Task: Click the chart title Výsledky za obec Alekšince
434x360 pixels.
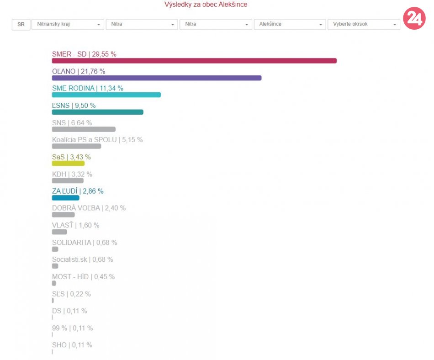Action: click(x=206, y=5)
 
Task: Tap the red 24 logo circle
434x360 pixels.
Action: click(x=414, y=18)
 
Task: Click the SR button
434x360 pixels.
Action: click(x=21, y=24)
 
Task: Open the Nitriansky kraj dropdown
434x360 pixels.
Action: click(x=68, y=24)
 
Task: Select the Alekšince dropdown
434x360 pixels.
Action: click(x=290, y=24)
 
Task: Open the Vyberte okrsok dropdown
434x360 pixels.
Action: click(x=364, y=24)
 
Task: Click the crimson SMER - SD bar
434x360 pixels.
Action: click(x=194, y=61)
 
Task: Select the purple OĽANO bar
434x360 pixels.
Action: click(x=157, y=78)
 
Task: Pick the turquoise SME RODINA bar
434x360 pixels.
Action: click(x=106, y=95)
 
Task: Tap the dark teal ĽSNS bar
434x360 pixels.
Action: click(x=98, y=112)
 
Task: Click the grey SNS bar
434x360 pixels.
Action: click(x=84, y=129)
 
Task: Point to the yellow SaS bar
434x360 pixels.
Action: click(x=68, y=164)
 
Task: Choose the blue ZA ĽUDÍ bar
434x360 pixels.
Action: click(x=66, y=198)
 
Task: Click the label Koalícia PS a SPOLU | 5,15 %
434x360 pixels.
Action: click(x=97, y=140)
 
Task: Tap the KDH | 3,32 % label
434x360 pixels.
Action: click(x=72, y=175)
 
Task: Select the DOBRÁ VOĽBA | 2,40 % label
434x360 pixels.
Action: click(x=89, y=208)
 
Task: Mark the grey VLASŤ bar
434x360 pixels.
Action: click(x=59, y=232)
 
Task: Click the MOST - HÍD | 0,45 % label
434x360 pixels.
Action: click(x=83, y=277)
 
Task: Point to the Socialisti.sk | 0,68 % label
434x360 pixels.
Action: click(x=83, y=259)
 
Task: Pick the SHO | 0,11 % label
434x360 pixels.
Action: click(x=72, y=345)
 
